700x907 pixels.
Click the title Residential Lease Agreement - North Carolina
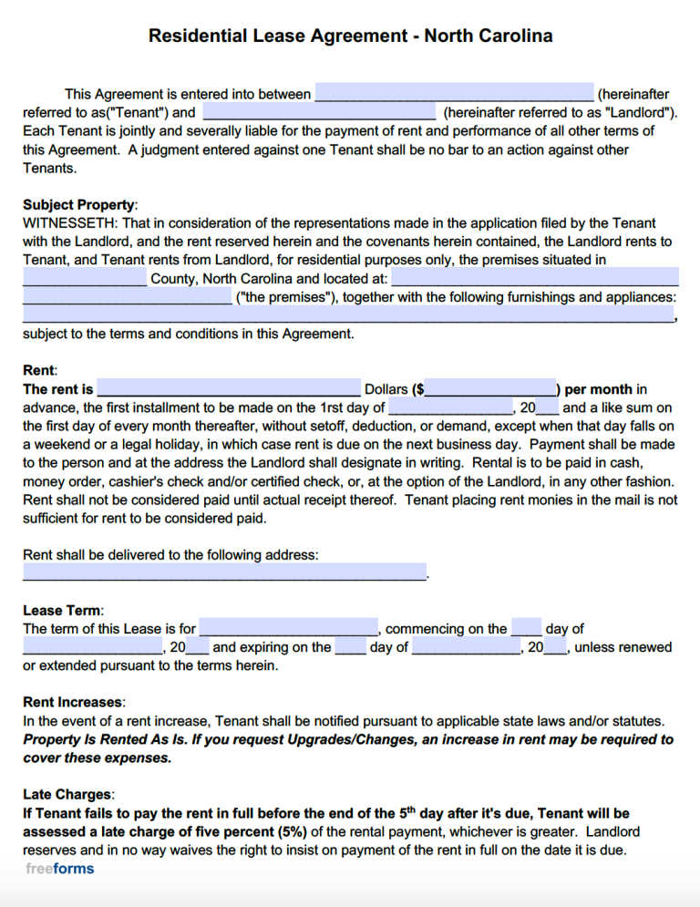(x=350, y=36)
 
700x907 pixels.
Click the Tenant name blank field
(x=453, y=93)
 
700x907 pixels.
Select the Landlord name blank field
(x=318, y=112)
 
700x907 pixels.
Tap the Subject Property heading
(x=78, y=205)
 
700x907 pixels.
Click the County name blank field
(x=84, y=278)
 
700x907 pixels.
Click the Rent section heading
(x=38, y=370)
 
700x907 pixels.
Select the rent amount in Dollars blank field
(x=229, y=389)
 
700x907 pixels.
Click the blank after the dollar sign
(x=491, y=389)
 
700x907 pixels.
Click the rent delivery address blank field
(x=224, y=573)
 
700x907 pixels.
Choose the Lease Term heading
(x=62, y=610)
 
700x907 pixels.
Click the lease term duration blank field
(x=288, y=628)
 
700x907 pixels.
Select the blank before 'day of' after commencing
(x=527, y=628)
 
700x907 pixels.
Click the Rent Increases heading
(x=72, y=702)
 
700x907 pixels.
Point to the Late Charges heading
(x=68, y=795)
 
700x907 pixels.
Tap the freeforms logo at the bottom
(x=60, y=868)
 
